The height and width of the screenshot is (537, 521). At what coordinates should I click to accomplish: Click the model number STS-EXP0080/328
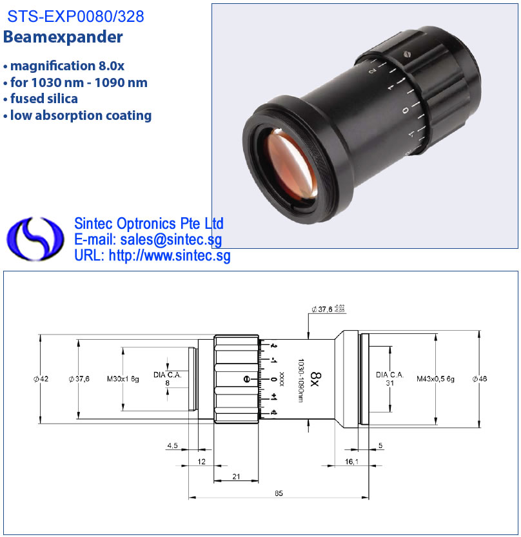75,17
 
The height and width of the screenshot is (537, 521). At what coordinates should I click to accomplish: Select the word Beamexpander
63,37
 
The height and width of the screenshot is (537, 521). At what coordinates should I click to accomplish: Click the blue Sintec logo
35,239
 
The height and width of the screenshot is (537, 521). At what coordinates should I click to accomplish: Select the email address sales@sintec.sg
171,240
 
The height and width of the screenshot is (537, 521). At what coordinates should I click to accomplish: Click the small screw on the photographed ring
407,54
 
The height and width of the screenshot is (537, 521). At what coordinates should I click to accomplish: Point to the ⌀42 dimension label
41,379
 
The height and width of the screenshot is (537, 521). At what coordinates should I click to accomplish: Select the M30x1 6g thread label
123,379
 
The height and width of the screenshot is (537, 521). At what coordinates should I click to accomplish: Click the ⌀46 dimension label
480,379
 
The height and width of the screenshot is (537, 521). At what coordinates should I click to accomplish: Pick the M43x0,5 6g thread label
435,379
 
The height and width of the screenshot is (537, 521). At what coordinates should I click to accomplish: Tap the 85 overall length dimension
279,493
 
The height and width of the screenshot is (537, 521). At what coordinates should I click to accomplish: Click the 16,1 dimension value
351,462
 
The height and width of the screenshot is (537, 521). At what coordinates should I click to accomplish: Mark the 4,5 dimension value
172,445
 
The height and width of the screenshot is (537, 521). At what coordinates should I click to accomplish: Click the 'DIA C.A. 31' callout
390,379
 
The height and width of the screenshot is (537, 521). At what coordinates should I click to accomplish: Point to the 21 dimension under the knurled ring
236,476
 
